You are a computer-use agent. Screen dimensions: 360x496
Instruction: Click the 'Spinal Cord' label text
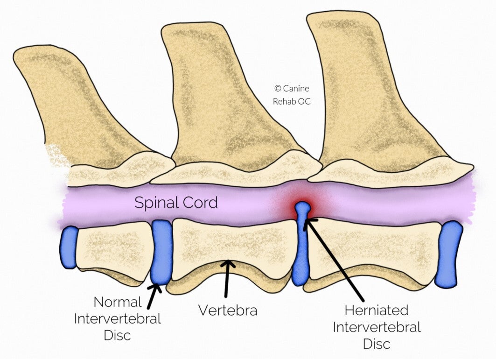pyautogui.click(x=176, y=203)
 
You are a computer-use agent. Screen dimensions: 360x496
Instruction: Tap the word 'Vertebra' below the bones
pyautogui.click(x=228, y=310)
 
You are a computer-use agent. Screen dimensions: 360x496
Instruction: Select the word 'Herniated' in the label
pyautogui.click(x=377, y=310)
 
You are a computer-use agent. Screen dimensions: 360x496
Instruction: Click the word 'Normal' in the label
pyautogui.click(x=118, y=302)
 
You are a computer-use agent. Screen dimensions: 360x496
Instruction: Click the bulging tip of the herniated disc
pyautogui.click(x=303, y=206)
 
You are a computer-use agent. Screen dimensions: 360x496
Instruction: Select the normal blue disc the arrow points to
pyautogui.click(x=162, y=252)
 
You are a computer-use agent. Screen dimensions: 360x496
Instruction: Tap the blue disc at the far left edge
pyautogui.click(x=69, y=247)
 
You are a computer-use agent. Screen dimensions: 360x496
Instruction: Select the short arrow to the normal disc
pyautogui.click(x=153, y=296)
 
